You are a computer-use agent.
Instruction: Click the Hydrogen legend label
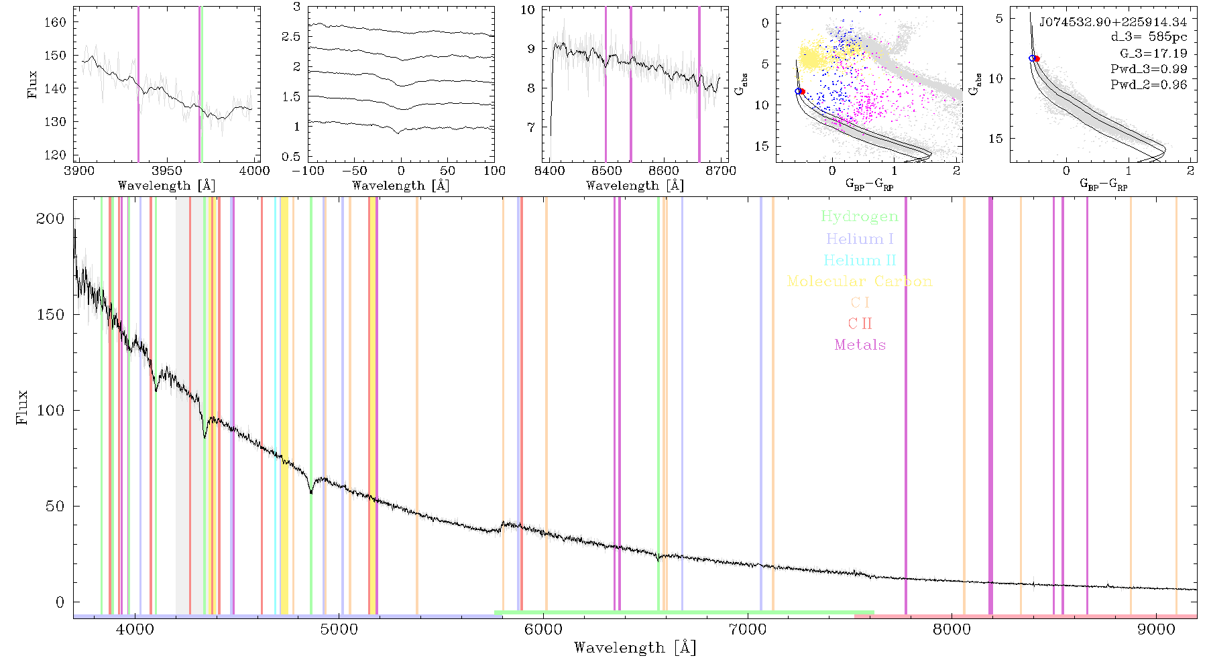click(860, 217)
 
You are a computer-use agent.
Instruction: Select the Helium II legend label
click(860, 260)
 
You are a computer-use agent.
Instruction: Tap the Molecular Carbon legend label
click(860, 281)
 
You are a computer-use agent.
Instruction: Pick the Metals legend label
click(860, 345)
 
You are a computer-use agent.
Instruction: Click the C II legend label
click(860, 324)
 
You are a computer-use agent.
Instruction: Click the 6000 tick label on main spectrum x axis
click(543, 629)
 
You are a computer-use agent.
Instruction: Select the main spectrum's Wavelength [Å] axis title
click(634, 648)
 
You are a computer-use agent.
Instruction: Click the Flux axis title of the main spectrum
click(22, 407)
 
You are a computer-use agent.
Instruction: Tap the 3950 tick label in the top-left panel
click(166, 171)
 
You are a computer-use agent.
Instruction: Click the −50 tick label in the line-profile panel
click(354, 171)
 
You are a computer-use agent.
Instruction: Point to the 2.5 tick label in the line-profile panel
click(291, 37)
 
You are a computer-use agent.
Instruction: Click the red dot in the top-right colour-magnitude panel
click(1037, 59)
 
